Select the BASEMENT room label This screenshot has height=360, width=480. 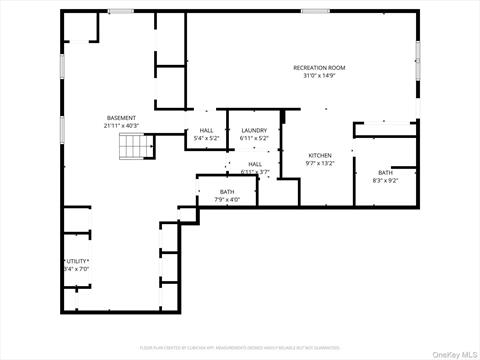121,118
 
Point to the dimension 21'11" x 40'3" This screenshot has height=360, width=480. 121,126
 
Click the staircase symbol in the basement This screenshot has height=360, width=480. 133,147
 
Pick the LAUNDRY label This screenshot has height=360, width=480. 253,130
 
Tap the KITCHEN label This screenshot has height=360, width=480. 320,155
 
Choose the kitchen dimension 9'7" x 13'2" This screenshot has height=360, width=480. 320,163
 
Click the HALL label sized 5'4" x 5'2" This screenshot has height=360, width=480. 206,130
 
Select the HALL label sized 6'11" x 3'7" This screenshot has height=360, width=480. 255,164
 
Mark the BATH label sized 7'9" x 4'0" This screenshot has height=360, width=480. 227,191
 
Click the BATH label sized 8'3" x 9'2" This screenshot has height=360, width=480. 385,173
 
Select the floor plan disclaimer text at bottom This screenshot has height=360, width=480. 240,346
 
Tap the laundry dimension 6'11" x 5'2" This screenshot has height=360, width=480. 253,138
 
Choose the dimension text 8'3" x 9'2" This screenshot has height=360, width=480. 385,181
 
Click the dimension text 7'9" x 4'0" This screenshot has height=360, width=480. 227,199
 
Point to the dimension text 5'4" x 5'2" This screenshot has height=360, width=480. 206,138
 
